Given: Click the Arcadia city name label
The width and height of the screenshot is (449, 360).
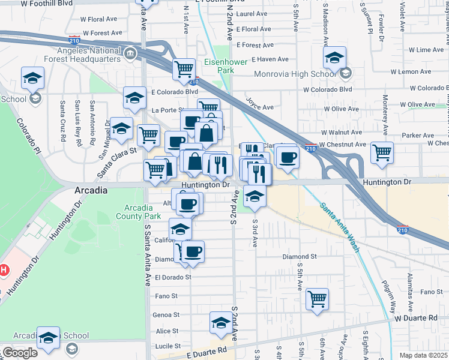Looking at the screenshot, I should [x=91, y=190].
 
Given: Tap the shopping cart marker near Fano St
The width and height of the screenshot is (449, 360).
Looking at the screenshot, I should [x=317, y=298].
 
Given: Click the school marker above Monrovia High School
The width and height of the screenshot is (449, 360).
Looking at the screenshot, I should [x=334, y=58].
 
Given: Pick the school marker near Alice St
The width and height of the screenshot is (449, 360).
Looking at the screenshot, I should [x=221, y=323].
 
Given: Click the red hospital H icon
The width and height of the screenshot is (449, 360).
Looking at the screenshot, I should [x=3, y=271].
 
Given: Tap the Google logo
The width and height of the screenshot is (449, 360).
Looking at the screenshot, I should [x=19, y=353].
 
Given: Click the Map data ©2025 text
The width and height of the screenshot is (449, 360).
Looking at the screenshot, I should [x=423, y=355].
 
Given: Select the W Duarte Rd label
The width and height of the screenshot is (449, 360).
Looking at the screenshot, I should [x=415, y=317].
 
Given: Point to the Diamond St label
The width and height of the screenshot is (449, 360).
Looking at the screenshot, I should [x=300, y=256].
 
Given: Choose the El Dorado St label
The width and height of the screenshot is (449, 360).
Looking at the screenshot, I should [x=173, y=277].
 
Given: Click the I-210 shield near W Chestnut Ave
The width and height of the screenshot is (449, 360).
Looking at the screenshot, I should [x=310, y=148].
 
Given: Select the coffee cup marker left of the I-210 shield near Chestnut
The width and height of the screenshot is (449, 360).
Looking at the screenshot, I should [x=288, y=157].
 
